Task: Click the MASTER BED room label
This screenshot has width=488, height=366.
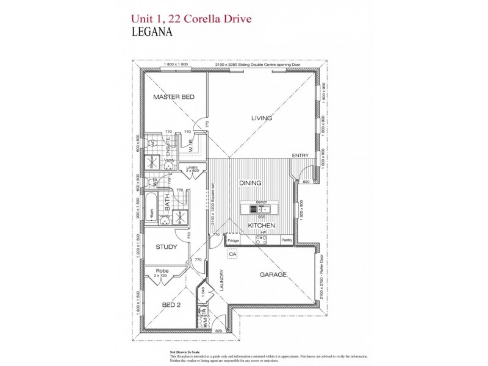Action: click(x=173, y=97)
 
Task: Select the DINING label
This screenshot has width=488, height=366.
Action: click(x=250, y=182)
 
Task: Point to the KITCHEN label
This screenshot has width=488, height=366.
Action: click(x=262, y=226)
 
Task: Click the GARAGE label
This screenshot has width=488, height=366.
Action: click(x=273, y=275)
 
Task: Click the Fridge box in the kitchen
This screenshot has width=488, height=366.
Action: click(x=232, y=241)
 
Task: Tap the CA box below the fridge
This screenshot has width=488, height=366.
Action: click(x=232, y=253)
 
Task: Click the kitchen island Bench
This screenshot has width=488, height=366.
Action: click(x=262, y=202)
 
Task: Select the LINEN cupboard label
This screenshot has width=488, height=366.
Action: click(x=193, y=168)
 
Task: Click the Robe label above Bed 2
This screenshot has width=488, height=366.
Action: click(x=162, y=270)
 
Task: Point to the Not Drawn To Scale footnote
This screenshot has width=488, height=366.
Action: click(x=184, y=353)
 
